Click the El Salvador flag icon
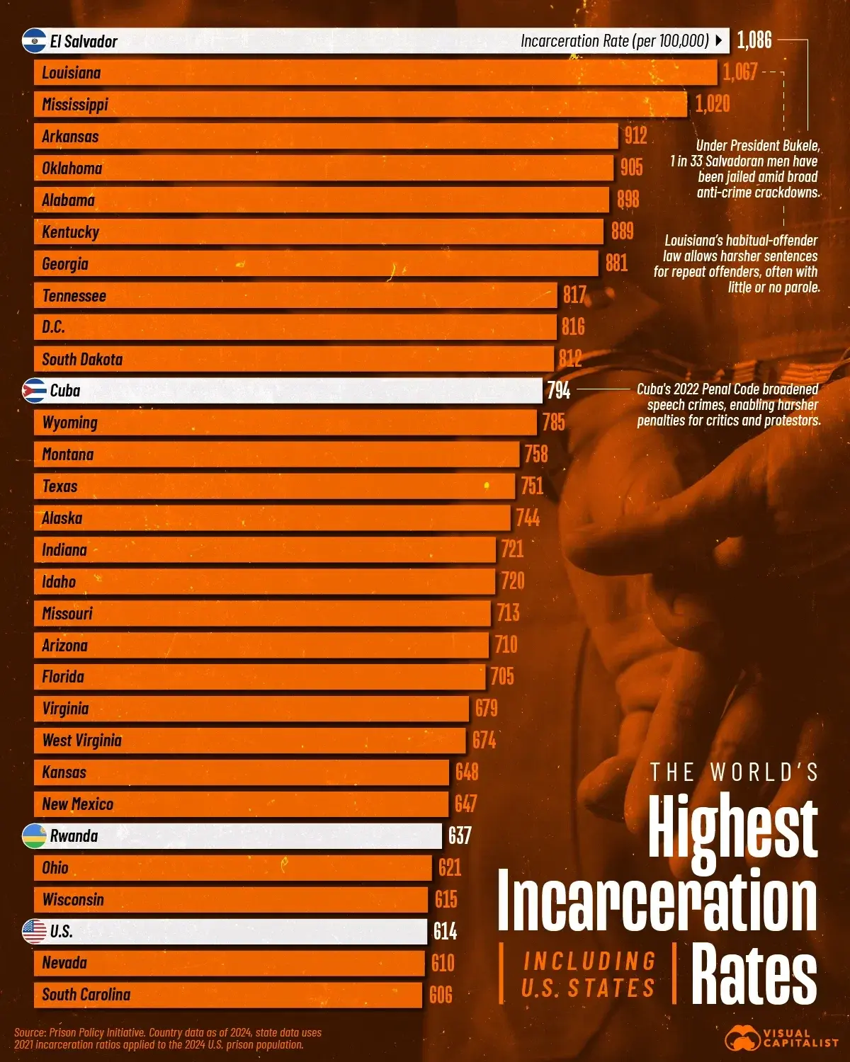coord(34,41)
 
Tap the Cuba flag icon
coord(34,391)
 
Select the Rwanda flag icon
coord(34,836)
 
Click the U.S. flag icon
coord(34,931)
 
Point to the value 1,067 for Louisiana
coord(739,72)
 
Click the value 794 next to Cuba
coord(558,391)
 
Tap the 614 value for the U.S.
coord(445,931)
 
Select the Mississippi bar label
coord(75,105)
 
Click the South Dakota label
coord(82,360)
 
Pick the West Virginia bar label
coord(82,741)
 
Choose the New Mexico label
coord(78,804)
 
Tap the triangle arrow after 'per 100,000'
coord(719,41)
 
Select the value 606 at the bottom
coord(441,995)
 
